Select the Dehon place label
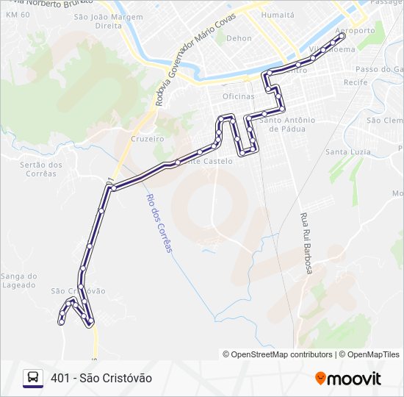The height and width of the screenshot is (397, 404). pos(239,38)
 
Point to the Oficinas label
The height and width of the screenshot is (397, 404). pos(238,96)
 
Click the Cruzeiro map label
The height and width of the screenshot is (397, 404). pos(146,138)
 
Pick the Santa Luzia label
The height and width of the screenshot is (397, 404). pos(347,151)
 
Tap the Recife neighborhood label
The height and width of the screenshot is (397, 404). pos(354,82)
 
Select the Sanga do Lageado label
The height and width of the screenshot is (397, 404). pos(18,281)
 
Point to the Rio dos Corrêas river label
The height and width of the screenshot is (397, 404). pos(159,222)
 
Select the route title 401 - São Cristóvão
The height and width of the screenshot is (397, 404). pos(101,378)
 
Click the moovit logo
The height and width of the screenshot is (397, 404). pos(348,379)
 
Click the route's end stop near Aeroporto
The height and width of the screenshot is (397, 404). pos(342,35)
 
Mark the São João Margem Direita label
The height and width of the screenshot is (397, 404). pos(108,21)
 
